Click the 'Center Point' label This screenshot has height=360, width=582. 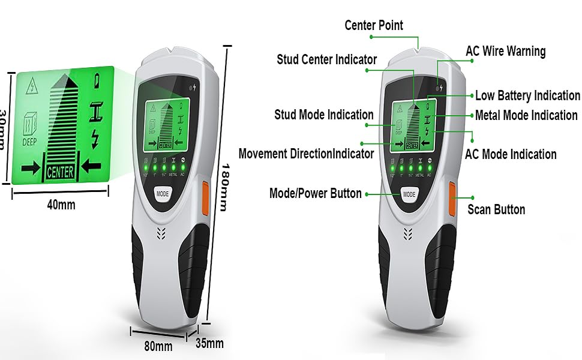click(374, 25)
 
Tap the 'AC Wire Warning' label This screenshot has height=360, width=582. click(505, 52)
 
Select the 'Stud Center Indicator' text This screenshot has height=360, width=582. click(326, 59)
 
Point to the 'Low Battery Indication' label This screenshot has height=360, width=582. click(527, 95)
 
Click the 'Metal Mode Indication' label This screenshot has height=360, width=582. click(526, 115)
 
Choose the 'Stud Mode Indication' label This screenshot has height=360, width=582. click(324, 115)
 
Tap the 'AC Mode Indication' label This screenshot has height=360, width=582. click(511, 154)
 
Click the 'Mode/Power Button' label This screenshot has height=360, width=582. click(316, 193)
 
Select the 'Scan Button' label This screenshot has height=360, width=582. click(496, 209)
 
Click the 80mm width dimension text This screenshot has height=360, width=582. click(158, 346)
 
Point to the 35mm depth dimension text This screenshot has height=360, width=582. click(209, 344)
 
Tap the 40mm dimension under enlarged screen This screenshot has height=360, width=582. click(61, 205)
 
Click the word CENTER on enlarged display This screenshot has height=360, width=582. click(60, 172)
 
